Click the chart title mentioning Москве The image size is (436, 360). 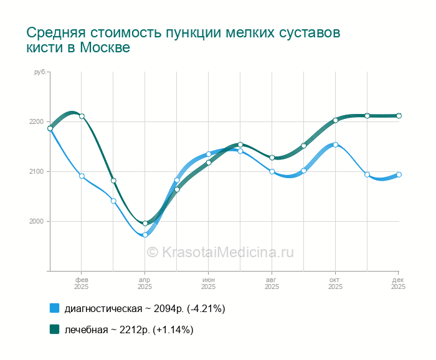pyautogui.click(x=183, y=40)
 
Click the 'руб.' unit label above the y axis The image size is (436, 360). pyautogui.click(x=40, y=72)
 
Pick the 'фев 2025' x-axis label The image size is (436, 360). pyautogui.click(x=82, y=283)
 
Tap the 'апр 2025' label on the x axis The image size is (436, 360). pyautogui.click(x=145, y=283)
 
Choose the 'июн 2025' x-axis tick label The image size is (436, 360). pyautogui.click(x=208, y=283)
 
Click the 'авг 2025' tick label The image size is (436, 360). pyautogui.click(x=272, y=283)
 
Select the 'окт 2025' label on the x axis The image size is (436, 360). pyautogui.click(x=335, y=283)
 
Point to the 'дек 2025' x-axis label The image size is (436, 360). pyautogui.click(x=398, y=283)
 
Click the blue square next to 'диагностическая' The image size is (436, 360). pyautogui.click(x=54, y=308)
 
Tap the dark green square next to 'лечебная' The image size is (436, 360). pyautogui.click(x=54, y=329)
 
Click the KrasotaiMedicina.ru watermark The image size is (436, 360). pyautogui.click(x=220, y=252)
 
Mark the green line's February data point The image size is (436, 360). pyautogui.click(x=82, y=116)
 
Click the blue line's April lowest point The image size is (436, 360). pyautogui.click(x=145, y=235)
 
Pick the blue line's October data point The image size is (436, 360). pyautogui.click(x=335, y=144)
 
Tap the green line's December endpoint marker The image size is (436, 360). pyautogui.click(x=399, y=115)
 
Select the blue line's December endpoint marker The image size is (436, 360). pyautogui.click(x=399, y=174)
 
